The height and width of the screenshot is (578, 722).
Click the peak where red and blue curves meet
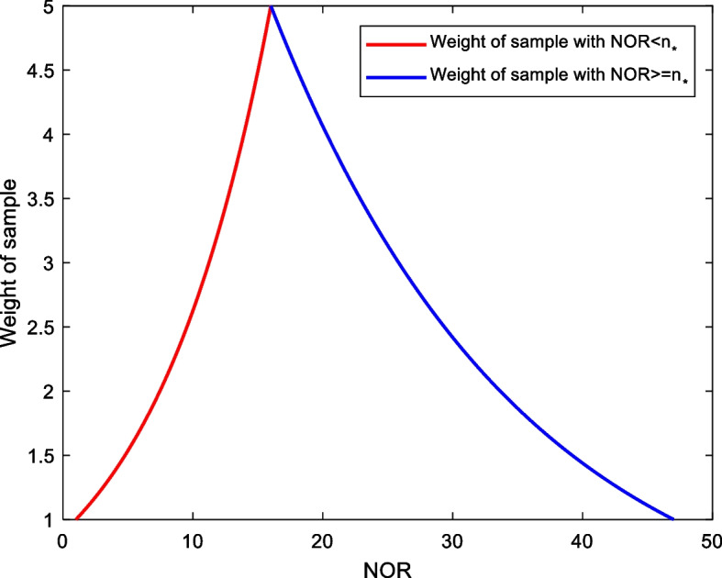tap(271, 6)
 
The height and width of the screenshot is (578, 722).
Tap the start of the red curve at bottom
tap(75, 519)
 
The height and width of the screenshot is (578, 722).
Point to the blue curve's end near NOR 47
tap(673, 519)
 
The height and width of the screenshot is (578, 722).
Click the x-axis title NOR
tap(387, 566)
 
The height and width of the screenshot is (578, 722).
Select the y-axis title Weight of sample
tap(12, 264)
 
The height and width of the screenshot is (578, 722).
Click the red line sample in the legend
tap(395, 42)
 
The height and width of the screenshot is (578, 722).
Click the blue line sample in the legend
tap(395, 78)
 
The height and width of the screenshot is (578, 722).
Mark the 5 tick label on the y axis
tap(47, 7)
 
